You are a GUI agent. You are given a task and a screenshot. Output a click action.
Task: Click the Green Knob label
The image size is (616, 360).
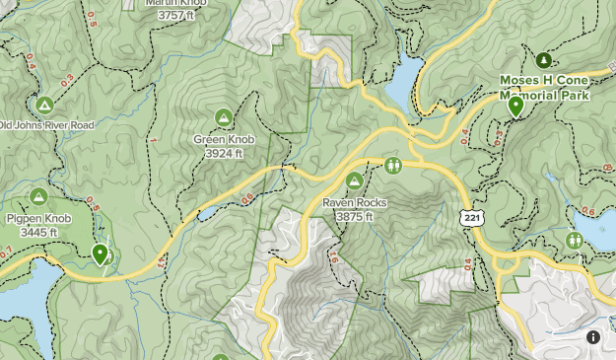pos(224,140)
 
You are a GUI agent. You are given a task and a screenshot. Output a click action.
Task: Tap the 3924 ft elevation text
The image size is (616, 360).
pos(224,154)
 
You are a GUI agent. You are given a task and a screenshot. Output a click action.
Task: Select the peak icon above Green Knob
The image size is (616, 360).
pos(224,117)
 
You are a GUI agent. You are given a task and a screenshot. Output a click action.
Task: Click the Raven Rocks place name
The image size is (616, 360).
pos(355,203)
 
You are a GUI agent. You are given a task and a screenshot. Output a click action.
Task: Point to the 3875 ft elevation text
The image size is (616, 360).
pos(355,217)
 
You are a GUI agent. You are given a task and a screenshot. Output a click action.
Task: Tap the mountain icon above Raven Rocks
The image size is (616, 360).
pos(355,180)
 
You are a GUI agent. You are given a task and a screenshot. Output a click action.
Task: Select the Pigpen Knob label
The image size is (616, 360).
pos(38,219)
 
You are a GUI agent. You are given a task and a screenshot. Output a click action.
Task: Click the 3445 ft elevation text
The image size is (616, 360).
pos(38,233)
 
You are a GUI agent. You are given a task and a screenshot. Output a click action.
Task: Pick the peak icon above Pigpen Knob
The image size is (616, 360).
pos(38,196)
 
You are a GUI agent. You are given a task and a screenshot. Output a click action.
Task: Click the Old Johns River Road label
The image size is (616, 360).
pos(46,125)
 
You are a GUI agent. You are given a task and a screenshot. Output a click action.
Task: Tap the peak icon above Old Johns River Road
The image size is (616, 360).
pos(43,104)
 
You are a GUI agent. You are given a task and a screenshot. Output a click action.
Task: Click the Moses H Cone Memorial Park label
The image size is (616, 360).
pos(544,89)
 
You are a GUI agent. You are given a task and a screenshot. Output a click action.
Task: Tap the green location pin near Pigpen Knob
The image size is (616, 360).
pos(100,253)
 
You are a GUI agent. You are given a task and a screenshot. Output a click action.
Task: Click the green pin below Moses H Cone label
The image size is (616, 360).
pos(514,106)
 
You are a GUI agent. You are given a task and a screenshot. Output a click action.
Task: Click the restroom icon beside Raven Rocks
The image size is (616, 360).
pos(393,165)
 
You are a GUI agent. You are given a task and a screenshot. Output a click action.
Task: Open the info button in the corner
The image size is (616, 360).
pos(593,337)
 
